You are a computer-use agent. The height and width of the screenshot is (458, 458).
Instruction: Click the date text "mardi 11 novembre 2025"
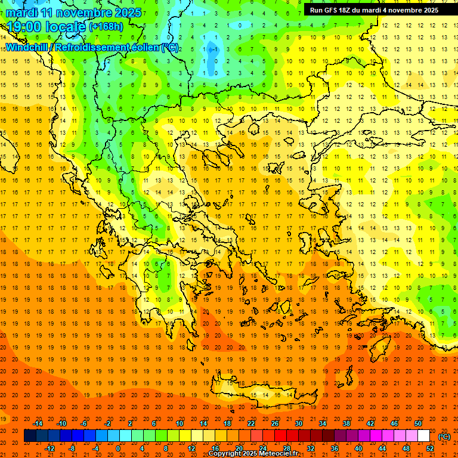pos(74,13)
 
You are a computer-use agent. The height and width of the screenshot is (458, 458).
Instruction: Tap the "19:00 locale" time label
pos(46,26)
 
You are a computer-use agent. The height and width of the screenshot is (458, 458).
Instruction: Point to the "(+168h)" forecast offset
pos(107,27)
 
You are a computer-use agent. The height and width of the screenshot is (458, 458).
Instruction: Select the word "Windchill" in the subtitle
pos(27,48)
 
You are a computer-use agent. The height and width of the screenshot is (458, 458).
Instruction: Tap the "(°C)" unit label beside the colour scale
pos(444,437)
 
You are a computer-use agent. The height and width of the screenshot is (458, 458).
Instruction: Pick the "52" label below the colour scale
pos(429,448)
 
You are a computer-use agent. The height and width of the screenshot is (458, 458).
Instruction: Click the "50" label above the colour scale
pos(418,423)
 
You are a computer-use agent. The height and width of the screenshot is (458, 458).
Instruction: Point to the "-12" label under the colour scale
pos(49,448)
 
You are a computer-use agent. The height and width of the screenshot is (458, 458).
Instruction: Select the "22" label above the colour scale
pos(251,423)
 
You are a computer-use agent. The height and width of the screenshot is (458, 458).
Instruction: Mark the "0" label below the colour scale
pos(118,448)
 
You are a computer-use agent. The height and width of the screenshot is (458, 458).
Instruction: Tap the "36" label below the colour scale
pos(335,448)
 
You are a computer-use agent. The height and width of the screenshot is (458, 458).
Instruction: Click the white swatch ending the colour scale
pos(424,436)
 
